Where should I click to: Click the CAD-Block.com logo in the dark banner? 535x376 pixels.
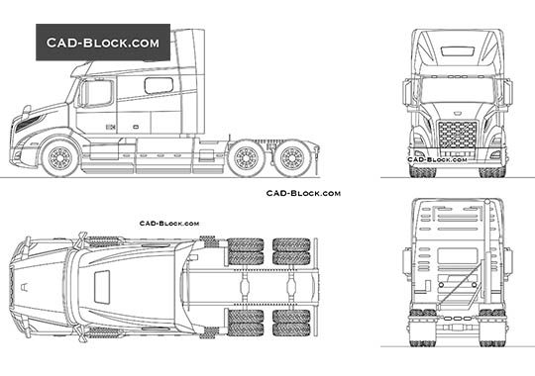click(x=103, y=44)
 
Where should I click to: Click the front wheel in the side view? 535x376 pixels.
click(x=61, y=156)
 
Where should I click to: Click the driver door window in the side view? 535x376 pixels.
click(x=99, y=93)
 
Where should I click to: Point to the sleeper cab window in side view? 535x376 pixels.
click(x=159, y=86)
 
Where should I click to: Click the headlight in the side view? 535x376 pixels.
click(x=28, y=123)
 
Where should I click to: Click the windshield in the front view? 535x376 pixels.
click(x=458, y=94)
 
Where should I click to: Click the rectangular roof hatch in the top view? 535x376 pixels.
click(x=102, y=287)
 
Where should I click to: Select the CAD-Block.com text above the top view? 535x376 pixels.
click(x=169, y=225)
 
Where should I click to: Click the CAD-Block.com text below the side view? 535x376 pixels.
click(x=303, y=193)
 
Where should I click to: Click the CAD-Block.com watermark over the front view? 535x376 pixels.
click(x=437, y=158)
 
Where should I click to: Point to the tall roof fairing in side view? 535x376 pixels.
click(x=188, y=59)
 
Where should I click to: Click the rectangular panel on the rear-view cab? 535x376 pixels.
click(x=457, y=255)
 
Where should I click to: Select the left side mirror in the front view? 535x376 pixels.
click(x=407, y=94)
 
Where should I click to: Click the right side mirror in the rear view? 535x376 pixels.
click(x=508, y=262)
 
